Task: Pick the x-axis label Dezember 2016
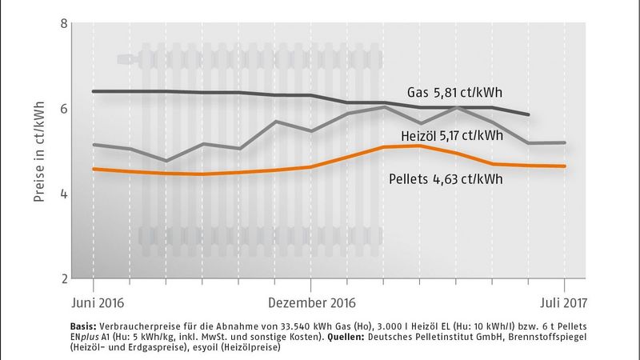312,304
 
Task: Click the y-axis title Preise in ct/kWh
38,150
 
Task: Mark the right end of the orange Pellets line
565,166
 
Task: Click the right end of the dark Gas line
529,114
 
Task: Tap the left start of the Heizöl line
94,145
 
